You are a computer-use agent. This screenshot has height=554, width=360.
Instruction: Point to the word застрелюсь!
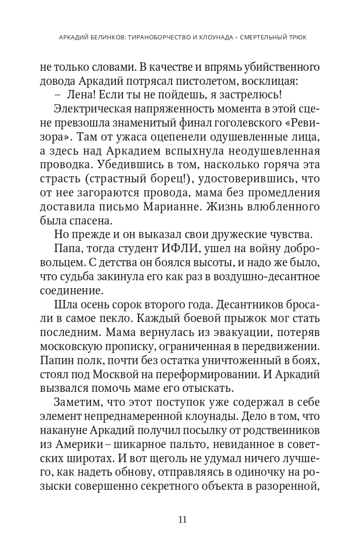(x=253, y=96)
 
